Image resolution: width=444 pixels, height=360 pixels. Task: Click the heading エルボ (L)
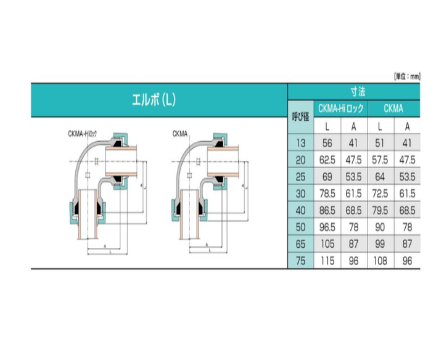[154, 100]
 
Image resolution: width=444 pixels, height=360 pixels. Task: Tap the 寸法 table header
[358, 92]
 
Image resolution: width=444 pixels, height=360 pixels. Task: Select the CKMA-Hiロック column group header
[340, 108]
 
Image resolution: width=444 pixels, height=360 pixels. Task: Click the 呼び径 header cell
[300, 117]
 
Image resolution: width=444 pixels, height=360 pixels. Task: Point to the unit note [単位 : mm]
[407, 76]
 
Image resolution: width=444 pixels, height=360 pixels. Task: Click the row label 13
[301, 143]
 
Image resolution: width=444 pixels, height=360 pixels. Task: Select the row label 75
[301, 261]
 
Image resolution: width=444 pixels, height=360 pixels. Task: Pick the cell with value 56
[327, 143]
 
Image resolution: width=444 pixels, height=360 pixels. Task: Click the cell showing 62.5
[327, 160]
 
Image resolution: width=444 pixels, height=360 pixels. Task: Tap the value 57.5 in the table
[380, 160]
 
